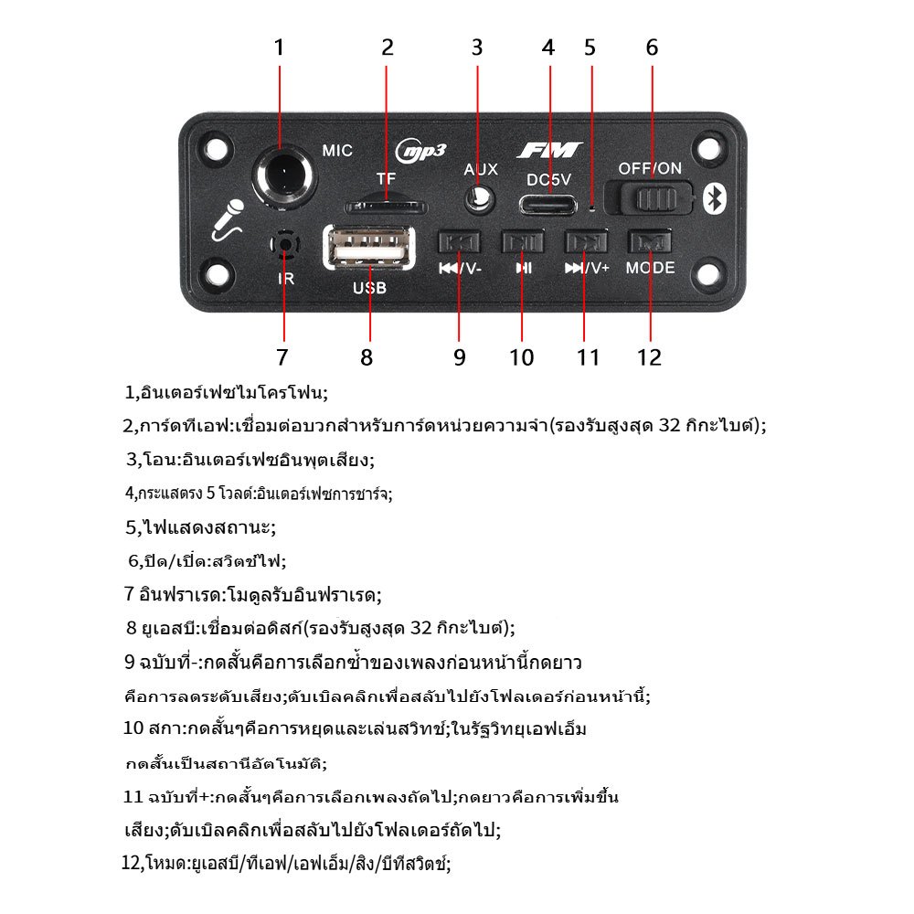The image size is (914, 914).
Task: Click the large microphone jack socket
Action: tap(284, 175)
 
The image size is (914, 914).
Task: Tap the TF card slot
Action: tap(386, 207)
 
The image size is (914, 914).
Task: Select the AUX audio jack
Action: tap(480, 200)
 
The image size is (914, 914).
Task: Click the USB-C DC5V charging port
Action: tap(547, 205)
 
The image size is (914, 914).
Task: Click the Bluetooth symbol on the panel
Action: tap(714, 198)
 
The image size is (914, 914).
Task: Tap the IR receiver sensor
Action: tap(285, 244)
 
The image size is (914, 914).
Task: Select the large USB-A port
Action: tap(369, 247)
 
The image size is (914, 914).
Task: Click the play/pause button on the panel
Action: tap(523, 241)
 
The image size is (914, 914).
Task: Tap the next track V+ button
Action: tap(586, 241)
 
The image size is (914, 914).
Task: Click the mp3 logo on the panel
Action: tap(421, 152)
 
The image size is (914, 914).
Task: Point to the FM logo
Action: tap(549, 151)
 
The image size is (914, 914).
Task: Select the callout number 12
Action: tap(649, 357)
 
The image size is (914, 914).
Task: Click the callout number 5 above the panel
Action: tap(590, 48)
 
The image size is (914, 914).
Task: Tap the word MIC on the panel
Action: tap(337, 151)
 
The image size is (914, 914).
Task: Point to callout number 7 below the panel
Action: tap(282, 357)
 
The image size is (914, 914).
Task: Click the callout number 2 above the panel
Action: tap(388, 48)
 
